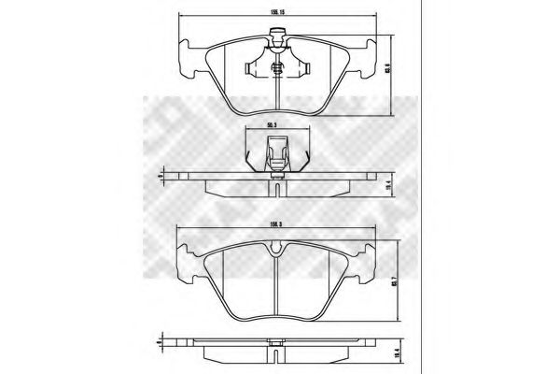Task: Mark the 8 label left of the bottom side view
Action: click(161, 341)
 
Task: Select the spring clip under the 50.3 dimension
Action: click(276, 151)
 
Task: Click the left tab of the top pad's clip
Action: click(250, 67)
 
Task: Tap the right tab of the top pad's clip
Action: click(303, 67)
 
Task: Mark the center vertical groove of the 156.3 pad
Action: click(276, 290)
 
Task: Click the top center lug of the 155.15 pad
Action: click(277, 38)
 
